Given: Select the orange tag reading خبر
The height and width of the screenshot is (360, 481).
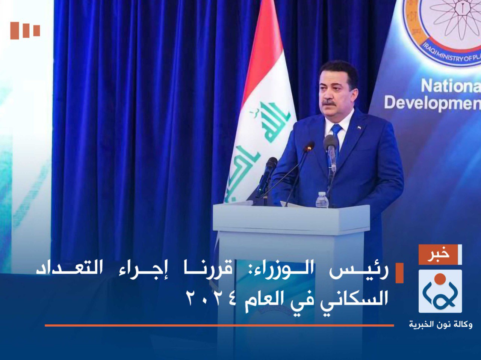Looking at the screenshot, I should (440, 255).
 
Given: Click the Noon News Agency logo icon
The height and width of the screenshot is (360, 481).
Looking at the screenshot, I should (440, 291).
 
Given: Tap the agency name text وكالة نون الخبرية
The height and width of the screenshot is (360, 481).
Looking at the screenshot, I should (440, 324).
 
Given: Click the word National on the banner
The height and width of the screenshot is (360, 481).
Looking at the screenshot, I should (451, 86).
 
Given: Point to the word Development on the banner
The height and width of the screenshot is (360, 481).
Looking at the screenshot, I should (432, 103).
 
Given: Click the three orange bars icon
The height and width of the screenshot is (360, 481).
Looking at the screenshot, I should (25, 30).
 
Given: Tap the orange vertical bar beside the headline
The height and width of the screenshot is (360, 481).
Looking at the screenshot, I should (399, 273).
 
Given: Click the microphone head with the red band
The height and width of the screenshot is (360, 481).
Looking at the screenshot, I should (309, 146).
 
